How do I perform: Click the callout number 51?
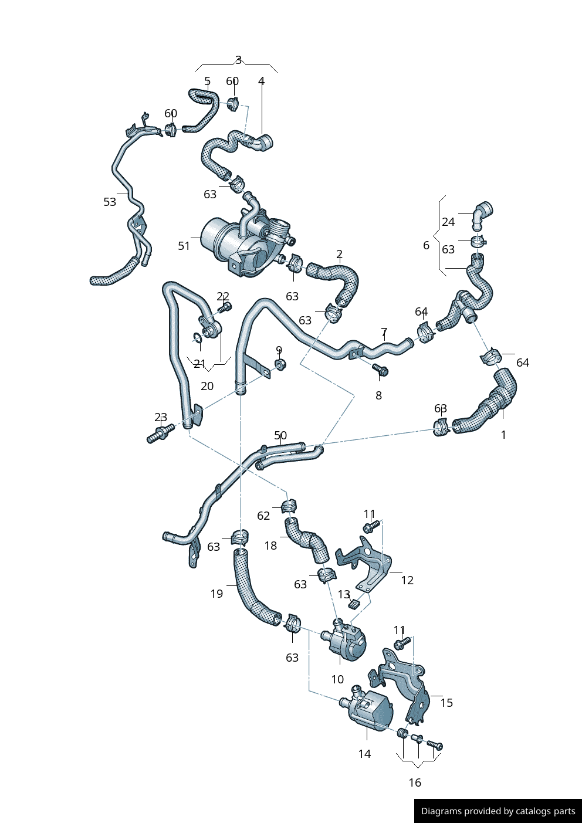[x=184, y=246]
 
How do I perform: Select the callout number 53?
[x=110, y=202]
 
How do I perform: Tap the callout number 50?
[x=280, y=436]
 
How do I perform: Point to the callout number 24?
[x=448, y=222]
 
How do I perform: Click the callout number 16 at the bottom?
[x=415, y=783]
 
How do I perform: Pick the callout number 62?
[x=263, y=516]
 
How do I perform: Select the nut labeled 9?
[x=280, y=364]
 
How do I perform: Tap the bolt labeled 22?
[x=225, y=307]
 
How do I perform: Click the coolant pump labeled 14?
[x=370, y=711]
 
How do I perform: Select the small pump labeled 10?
[x=346, y=641]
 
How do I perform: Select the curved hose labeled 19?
[x=249, y=592]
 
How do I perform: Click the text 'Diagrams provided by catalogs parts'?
[x=498, y=811]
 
